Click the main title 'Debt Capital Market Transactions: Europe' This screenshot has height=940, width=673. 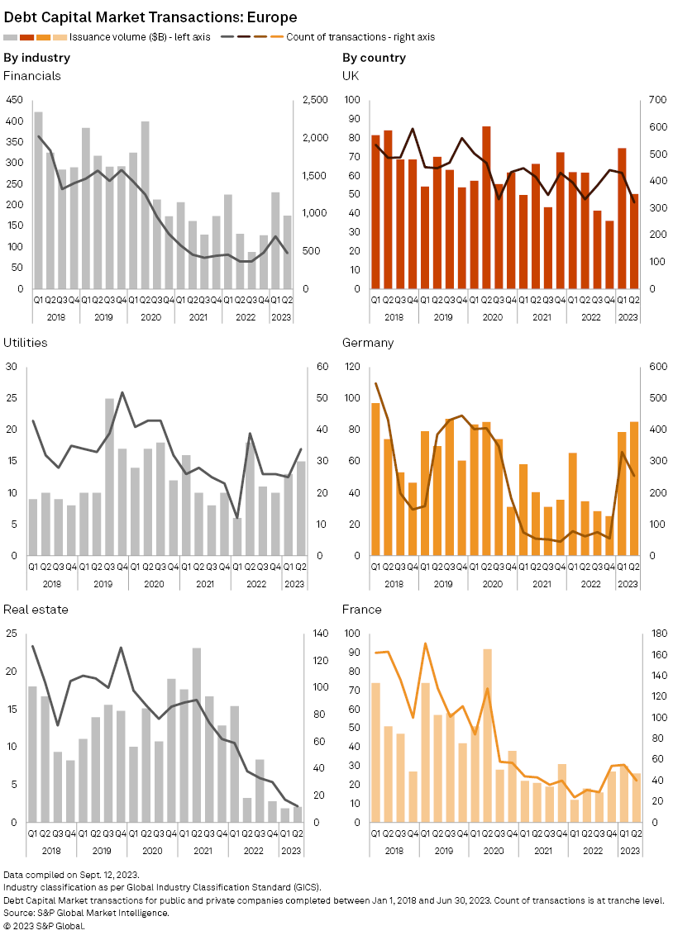(150, 17)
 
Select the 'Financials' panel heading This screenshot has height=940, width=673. (32, 76)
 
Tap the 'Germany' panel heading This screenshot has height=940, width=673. (368, 343)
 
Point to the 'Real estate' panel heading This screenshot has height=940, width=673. (36, 610)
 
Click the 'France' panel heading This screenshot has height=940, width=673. (362, 610)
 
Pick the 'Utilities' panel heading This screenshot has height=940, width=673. (26, 343)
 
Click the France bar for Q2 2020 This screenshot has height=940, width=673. (487, 735)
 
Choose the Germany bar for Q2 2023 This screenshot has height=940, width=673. (635, 488)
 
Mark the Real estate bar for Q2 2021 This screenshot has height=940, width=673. (197, 735)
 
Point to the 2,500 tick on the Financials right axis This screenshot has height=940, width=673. (314, 100)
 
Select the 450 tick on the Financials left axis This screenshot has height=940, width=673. (14, 100)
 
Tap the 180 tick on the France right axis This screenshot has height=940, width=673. (653, 634)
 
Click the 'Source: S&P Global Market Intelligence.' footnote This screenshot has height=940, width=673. (87, 913)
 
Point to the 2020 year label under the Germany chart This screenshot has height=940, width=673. (493, 583)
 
